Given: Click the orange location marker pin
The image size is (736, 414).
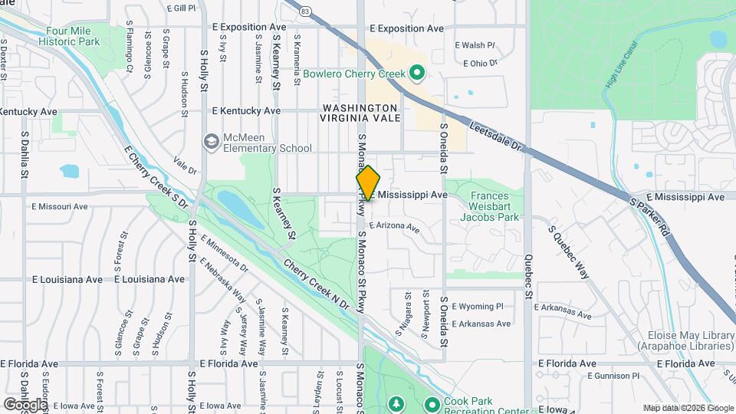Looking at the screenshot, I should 368,183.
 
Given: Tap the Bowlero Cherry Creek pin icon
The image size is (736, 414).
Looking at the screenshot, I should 417,74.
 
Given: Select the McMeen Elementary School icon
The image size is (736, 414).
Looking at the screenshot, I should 210,142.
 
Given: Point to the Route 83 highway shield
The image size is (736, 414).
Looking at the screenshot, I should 305,11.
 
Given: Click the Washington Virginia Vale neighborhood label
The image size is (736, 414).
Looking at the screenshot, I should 360,113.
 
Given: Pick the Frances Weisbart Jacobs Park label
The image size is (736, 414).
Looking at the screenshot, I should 490,206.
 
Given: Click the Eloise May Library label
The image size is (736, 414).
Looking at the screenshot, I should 685,340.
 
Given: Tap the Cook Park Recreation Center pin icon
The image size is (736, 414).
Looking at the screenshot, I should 432,403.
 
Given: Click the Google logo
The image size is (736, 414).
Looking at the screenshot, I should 25,404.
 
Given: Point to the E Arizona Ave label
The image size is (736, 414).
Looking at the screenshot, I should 394,227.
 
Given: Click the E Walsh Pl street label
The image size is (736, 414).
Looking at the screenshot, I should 475,45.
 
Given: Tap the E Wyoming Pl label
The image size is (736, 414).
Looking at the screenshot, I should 478,306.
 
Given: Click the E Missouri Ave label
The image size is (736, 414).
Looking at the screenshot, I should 60,206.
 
